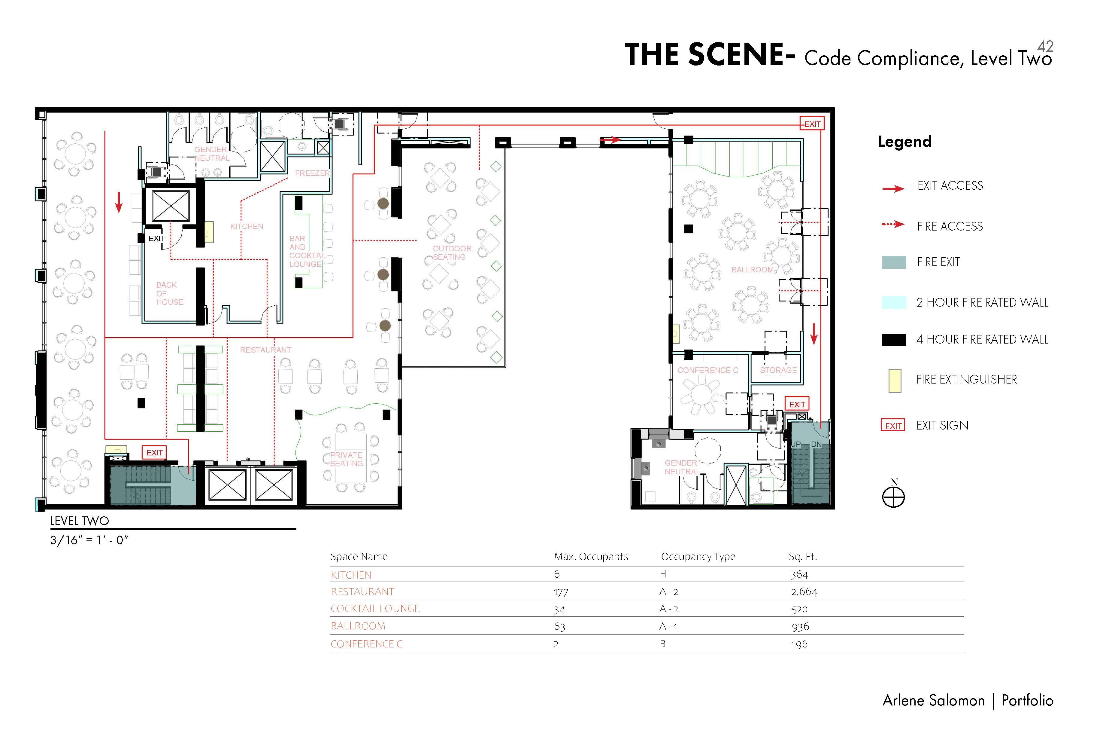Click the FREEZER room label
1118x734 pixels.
[312, 173]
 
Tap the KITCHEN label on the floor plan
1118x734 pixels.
[247, 226]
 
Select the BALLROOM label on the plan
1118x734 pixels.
[752, 269]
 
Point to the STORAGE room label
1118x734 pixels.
[778, 370]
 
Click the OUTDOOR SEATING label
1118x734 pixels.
[452, 252]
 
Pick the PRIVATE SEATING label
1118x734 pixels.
[347, 459]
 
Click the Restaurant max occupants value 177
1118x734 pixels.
[561, 592]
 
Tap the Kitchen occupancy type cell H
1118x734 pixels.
[663, 574]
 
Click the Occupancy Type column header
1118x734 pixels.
[698, 557]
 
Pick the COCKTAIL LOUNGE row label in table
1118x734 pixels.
[375, 608]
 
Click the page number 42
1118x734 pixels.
[1045, 46]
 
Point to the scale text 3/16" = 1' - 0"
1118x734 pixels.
[89, 540]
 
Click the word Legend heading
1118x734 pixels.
[905, 142]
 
